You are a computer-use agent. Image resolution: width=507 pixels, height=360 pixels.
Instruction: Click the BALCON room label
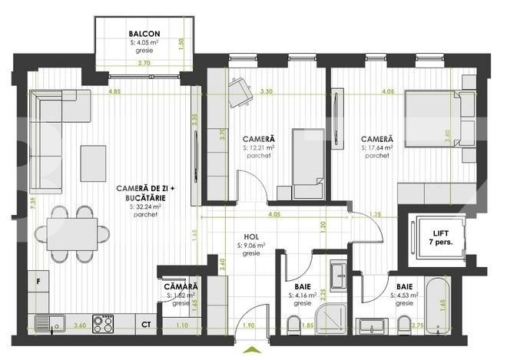[144, 34]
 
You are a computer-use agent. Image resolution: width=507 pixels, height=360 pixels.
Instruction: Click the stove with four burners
[103, 324]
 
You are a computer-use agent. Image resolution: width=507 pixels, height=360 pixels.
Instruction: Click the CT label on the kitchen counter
[145, 324]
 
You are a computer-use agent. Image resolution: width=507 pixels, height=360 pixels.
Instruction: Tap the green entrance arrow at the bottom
[250, 352]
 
